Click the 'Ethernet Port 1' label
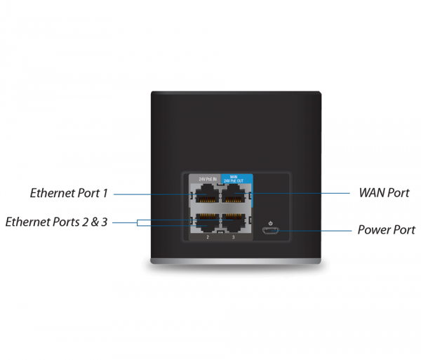coord(69,192)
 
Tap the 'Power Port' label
coord(386,229)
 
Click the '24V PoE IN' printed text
coord(207,179)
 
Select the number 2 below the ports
coord(208,238)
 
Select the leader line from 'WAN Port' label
coord(302,192)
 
